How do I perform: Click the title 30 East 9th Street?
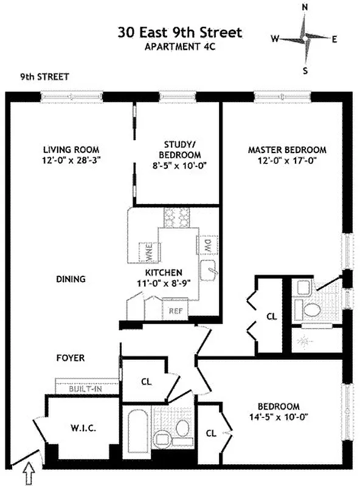tap(180, 31)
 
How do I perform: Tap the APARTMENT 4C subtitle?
tap(180, 46)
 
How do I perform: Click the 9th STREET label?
tap(44, 77)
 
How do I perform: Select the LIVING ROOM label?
tap(71, 149)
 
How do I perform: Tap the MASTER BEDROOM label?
tap(287, 149)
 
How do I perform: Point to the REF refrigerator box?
tap(176, 310)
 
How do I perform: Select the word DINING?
tap(71, 279)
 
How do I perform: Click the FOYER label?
tap(71, 358)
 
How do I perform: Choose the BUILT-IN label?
tap(85, 388)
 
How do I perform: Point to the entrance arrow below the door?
tap(29, 473)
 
